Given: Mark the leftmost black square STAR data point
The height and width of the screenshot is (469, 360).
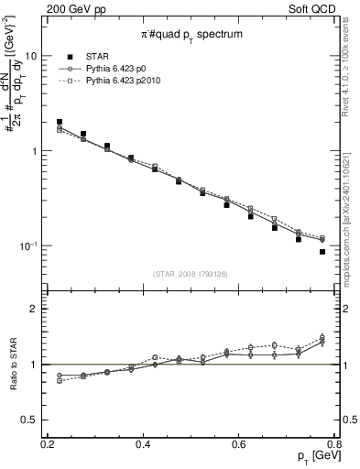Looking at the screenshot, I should [x=60, y=122].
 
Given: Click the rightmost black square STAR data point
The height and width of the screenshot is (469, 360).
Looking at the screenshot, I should [x=322, y=252].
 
